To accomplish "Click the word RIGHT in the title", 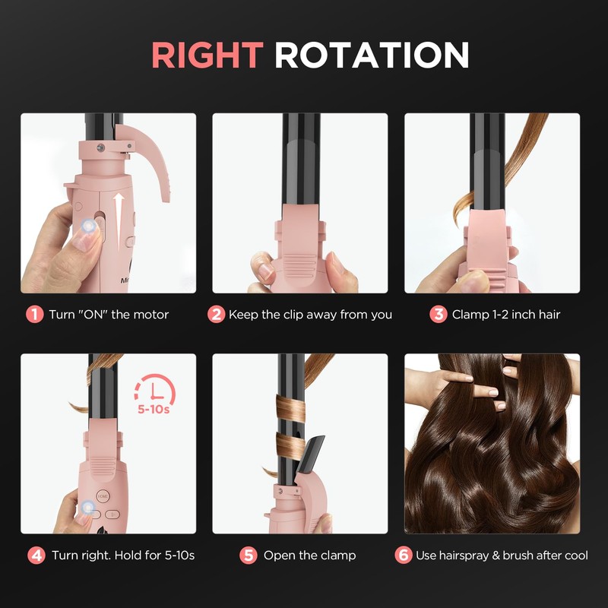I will pos(207,55).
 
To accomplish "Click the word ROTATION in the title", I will pos(372,55).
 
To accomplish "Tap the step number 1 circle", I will pos(35,315).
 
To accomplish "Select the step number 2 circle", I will pos(217,315).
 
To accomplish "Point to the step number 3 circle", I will pos(439,315).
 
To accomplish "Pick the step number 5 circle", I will pos(248,556).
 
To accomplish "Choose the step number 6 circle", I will pos(403,556).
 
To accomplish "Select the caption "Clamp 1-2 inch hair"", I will pos(506,315).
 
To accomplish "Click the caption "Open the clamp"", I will pos(310,556).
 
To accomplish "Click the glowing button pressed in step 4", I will pos(88,506).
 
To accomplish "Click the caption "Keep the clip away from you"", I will pos(310,315).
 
